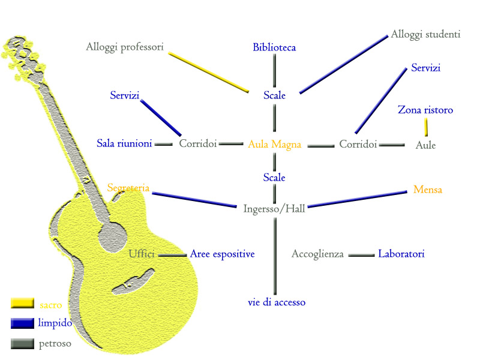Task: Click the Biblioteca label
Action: pyautogui.click(x=274, y=47)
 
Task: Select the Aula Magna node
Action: pyautogui.click(x=274, y=145)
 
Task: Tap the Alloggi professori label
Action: pyautogui.click(x=125, y=47)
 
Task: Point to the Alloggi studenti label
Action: pyautogui.click(x=425, y=34)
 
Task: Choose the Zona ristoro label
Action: pyautogui.click(x=425, y=110)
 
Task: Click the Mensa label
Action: pyautogui.click(x=428, y=190)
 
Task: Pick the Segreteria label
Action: pyautogui.click(x=128, y=188)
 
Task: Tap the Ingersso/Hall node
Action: pyautogui.click(x=274, y=209)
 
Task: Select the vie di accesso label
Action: pyautogui.click(x=277, y=302)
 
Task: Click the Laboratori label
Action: pyautogui.click(x=401, y=254)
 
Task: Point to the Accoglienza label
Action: pyautogui.click(x=317, y=254)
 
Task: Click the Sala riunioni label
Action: pyautogui.click(x=124, y=143)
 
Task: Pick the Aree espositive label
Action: pyautogui.click(x=223, y=254)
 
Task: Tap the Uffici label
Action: pyautogui.click(x=142, y=254)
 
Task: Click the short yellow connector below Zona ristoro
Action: pyautogui.click(x=427, y=127)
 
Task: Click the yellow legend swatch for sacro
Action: pyautogui.click(x=22, y=303)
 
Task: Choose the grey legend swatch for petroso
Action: pyautogui.click(x=22, y=344)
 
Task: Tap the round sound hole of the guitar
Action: pyautogui.click(x=112, y=236)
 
